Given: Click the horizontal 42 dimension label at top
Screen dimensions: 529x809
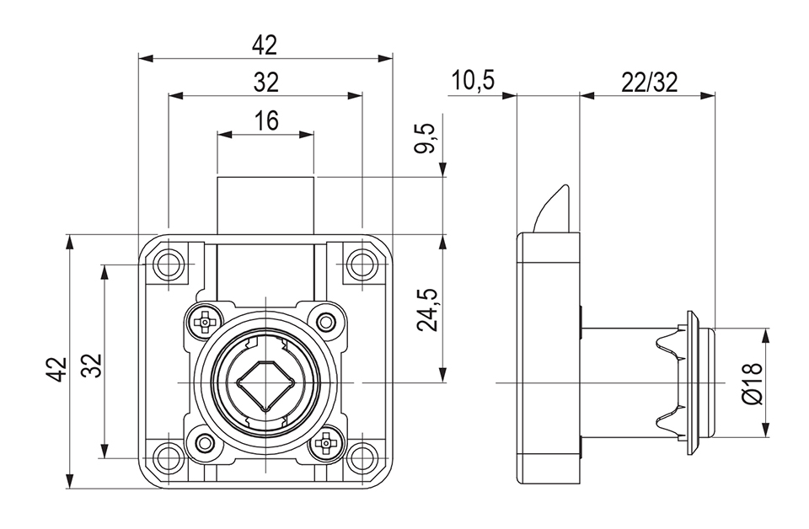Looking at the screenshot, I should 265,45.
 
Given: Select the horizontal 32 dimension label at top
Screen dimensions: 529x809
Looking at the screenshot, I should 265,83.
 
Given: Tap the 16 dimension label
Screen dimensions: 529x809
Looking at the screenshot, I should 265,120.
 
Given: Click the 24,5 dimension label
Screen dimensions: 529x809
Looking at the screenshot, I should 427,309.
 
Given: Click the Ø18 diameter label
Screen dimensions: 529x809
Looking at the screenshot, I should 752,382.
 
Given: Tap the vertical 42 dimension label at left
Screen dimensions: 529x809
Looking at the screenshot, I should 56,369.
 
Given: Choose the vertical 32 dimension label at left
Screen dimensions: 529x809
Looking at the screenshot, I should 92,364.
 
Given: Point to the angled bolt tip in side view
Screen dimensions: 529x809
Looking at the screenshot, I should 553,207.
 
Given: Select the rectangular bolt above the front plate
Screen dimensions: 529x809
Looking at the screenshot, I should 265,205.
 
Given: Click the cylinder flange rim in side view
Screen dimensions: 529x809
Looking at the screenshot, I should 694,383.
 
